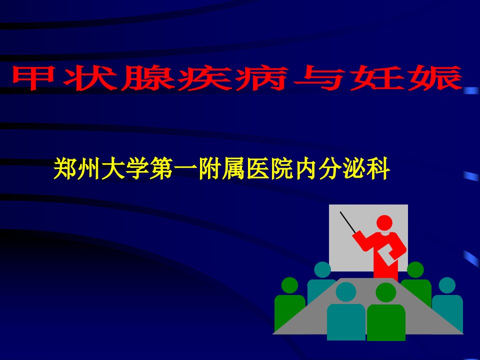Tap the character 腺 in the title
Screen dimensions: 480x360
(x=147, y=78)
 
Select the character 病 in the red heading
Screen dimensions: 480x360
(x=261, y=78)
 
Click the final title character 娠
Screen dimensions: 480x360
(x=434, y=78)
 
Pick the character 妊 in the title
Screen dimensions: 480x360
(x=377, y=78)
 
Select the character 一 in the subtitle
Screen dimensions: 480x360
(x=185, y=169)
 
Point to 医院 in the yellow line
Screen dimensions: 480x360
(x=269, y=168)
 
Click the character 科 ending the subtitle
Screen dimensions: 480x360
(x=378, y=168)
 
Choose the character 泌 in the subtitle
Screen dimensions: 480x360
(x=354, y=168)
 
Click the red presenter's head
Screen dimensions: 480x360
(x=384, y=223)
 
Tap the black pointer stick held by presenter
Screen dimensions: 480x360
(x=348, y=222)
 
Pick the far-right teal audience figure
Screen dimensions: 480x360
(x=447, y=301)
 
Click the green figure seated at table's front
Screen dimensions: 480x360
(x=386, y=312)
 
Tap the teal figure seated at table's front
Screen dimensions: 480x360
(x=346, y=311)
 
